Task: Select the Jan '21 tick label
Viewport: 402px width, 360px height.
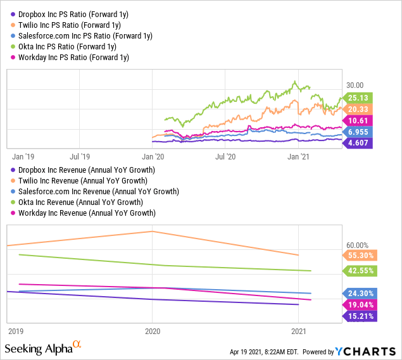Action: coord(298,156)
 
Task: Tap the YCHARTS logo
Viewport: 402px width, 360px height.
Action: coord(366,351)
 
